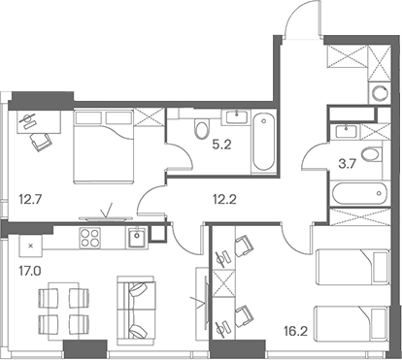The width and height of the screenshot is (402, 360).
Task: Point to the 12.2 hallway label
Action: pos(226,202)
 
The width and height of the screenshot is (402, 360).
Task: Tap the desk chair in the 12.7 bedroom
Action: pos(39,141)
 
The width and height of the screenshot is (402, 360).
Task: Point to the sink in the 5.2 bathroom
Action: pos(237,117)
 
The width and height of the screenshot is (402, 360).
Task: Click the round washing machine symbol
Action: pos(378,93)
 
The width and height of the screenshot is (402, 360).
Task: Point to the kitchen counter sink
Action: pos(140,234)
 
